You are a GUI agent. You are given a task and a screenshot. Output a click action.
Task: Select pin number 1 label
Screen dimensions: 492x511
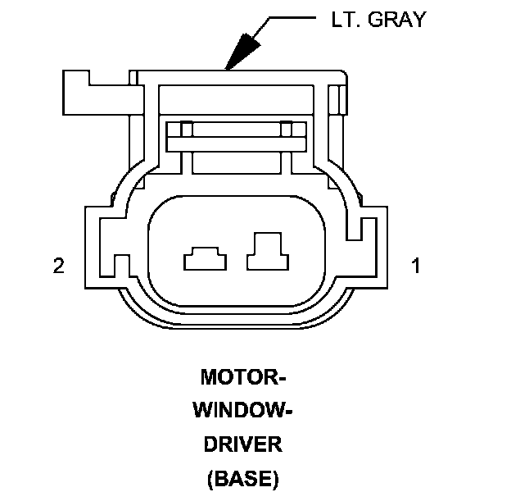[x=416, y=266]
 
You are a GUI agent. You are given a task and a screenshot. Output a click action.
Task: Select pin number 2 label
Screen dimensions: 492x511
[x=58, y=266]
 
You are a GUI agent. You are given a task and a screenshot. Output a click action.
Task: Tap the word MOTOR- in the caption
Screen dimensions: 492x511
[x=242, y=378]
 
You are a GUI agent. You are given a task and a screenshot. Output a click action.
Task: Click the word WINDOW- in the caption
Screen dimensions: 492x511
[x=242, y=411]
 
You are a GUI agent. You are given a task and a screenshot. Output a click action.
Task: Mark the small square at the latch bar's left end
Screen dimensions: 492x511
[x=186, y=130]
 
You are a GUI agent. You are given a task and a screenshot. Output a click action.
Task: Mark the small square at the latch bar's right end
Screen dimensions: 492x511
[x=286, y=130]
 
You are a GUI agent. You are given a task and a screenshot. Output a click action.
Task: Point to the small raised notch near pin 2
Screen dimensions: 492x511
[x=121, y=265]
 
